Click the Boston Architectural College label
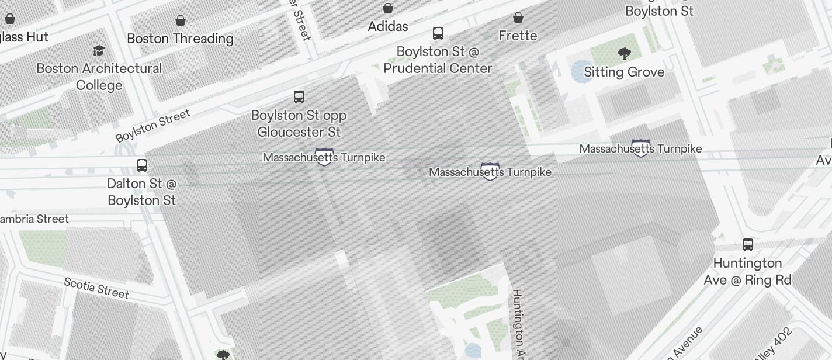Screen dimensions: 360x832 click(99, 77)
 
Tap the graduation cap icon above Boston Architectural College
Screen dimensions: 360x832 click(99, 50)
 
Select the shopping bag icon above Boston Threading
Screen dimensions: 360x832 click(181, 20)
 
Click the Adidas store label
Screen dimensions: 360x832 click(387, 26)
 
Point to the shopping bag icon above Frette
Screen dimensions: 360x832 click(518, 18)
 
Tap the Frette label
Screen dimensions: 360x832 click(518, 36)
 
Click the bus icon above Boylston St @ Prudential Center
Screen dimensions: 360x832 click(438, 33)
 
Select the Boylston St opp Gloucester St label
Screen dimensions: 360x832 click(299, 123)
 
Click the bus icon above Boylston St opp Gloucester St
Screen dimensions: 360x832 click(299, 96)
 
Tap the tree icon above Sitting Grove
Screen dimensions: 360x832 click(624, 54)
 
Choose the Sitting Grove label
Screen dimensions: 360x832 click(624, 72)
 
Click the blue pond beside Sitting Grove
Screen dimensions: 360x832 click(580, 71)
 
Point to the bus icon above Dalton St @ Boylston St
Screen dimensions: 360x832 click(142, 165)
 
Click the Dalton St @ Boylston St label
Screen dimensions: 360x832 click(142, 192)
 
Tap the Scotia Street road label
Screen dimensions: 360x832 click(96, 287)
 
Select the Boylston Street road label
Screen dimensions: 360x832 click(153, 125)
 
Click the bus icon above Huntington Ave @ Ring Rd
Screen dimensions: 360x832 click(747, 245)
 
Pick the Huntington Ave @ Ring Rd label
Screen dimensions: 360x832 click(747, 271)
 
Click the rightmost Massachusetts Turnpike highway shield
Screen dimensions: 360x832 click(641, 149)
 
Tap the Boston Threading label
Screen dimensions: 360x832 click(180, 39)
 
